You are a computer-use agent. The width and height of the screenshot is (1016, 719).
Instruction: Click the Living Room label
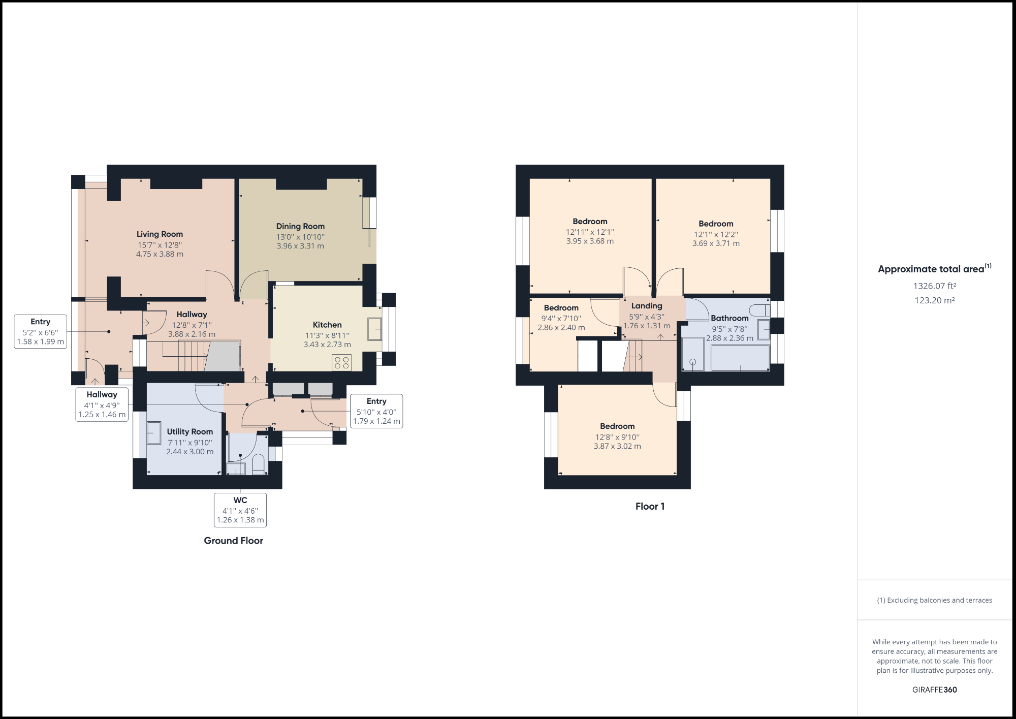pyautogui.click(x=160, y=234)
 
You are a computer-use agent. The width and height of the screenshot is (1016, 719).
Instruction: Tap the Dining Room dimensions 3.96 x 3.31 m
pyautogui.click(x=300, y=246)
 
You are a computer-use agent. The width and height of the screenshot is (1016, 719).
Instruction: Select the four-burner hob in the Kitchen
pyautogui.click(x=342, y=363)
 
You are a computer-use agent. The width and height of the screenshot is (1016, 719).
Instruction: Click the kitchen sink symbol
pyautogui.click(x=375, y=329)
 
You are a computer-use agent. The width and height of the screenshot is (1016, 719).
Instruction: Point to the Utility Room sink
pyautogui.click(x=154, y=433)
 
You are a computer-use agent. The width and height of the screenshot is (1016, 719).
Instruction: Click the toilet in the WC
pyautogui.click(x=258, y=464)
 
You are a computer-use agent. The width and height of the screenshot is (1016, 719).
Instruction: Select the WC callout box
pyautogui.click(x=240, y=510)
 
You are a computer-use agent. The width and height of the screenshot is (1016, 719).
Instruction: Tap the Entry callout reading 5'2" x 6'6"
pyautogui.click(x=41, y=331)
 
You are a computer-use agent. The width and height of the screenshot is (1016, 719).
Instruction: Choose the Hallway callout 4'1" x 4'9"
pyautogui.click(x=102, y=404)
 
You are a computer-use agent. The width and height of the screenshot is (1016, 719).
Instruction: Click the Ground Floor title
pyautogui.click(x=233, y=541)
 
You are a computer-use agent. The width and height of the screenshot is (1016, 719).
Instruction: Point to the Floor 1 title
pyautogui.click(x=650, y=506)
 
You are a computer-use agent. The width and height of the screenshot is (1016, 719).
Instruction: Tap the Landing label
pyautogui.click(x=647, y=306)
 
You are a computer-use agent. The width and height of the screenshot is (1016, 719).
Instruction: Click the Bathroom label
pyautogui.click(x=729, y=318)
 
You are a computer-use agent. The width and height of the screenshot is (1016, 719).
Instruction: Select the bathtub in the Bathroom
pyautogui.click(x=740, y=358)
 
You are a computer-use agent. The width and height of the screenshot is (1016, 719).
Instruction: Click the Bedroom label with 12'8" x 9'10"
pyautogui.click(x=617, y=426)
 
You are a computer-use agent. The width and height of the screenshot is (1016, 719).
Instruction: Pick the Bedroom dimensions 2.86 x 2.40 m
pyautogui.click(x=561, y=328)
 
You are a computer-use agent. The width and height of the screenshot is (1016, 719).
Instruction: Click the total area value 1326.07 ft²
pyautogui.click(x=934, y=286)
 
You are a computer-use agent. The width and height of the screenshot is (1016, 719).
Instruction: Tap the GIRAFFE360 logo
pyautogui.click(x=934, y=690)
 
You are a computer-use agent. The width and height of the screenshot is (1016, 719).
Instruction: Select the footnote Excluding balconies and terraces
pyautogui.click(x=934, y=600)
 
